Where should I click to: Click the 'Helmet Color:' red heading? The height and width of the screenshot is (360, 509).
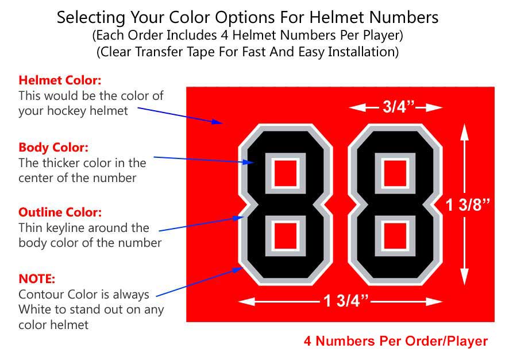[x=60, y=80]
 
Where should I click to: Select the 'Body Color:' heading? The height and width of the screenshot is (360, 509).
[x=53, y=147]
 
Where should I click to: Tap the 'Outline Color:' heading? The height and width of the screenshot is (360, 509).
[x=60, y=212]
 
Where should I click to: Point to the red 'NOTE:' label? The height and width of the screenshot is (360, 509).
[x=37, y=279]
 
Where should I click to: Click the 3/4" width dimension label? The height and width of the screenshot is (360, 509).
[x=399, y=106]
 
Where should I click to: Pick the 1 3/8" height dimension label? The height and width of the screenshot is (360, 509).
[x=468, y=204]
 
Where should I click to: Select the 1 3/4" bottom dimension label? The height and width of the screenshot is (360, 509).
[x=346, y=301]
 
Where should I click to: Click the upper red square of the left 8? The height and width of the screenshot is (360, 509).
[x=286, y=173]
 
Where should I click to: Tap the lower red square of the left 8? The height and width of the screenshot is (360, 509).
[x=286, y=236]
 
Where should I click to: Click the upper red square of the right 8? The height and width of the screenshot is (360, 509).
[x=395, y=173]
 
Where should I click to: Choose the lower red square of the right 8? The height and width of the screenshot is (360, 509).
[x=395, y=236]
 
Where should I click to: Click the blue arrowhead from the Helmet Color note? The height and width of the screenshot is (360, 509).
[x=217, y=122]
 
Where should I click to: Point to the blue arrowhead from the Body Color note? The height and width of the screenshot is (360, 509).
[x=248, y=162]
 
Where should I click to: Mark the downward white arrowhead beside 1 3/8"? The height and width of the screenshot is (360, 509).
[x=465, y=277]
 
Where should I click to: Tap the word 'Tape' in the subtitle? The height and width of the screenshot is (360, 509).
[x=200, y=52]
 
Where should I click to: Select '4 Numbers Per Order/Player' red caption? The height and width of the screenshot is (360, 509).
[x=396, y=341]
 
